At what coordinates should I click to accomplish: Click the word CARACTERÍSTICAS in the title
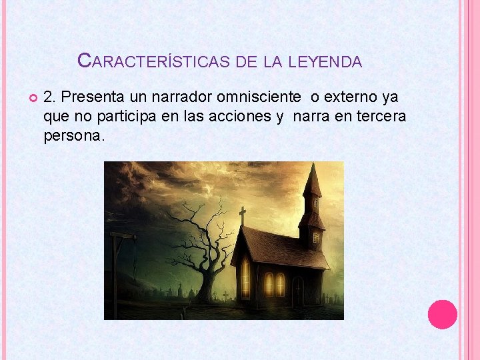(x=155, y=62)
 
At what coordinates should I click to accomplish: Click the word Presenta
(x=89, y=97)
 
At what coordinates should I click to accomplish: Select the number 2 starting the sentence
(x=47, y=97)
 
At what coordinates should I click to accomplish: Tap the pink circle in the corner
(x=442, y=314)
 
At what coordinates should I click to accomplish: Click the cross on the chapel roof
(x=242, y=215)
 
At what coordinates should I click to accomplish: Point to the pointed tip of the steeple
(x=311, y=166)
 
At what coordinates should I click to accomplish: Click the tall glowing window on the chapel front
(x=246, y=276)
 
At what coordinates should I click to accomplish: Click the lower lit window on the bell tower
(x=316, y=237)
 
